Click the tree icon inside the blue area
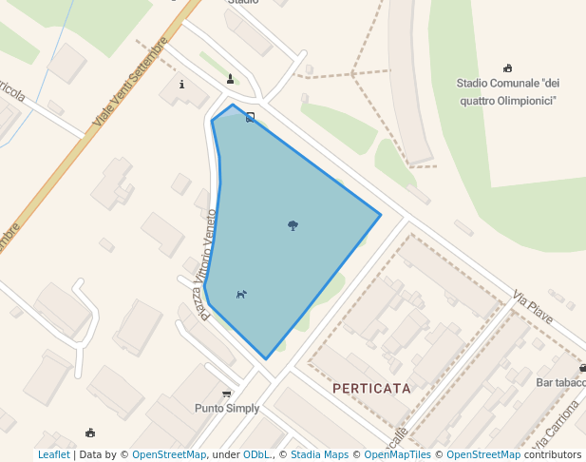coord(293,225)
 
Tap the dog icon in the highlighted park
coord(241,295)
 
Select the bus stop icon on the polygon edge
coord(251,118)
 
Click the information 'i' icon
coord(181,84)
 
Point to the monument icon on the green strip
coord(230,79)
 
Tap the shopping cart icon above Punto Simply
coord(226,394)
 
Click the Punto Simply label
coord(226,409)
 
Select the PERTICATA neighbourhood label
coord(371,389)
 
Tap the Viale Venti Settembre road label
coord(130,83)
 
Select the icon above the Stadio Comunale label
coord(507,67)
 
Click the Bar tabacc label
coord(560,382)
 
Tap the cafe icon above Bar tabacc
coord(582,368)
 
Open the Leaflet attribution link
coord(53,454)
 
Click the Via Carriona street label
coord(556,427)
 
